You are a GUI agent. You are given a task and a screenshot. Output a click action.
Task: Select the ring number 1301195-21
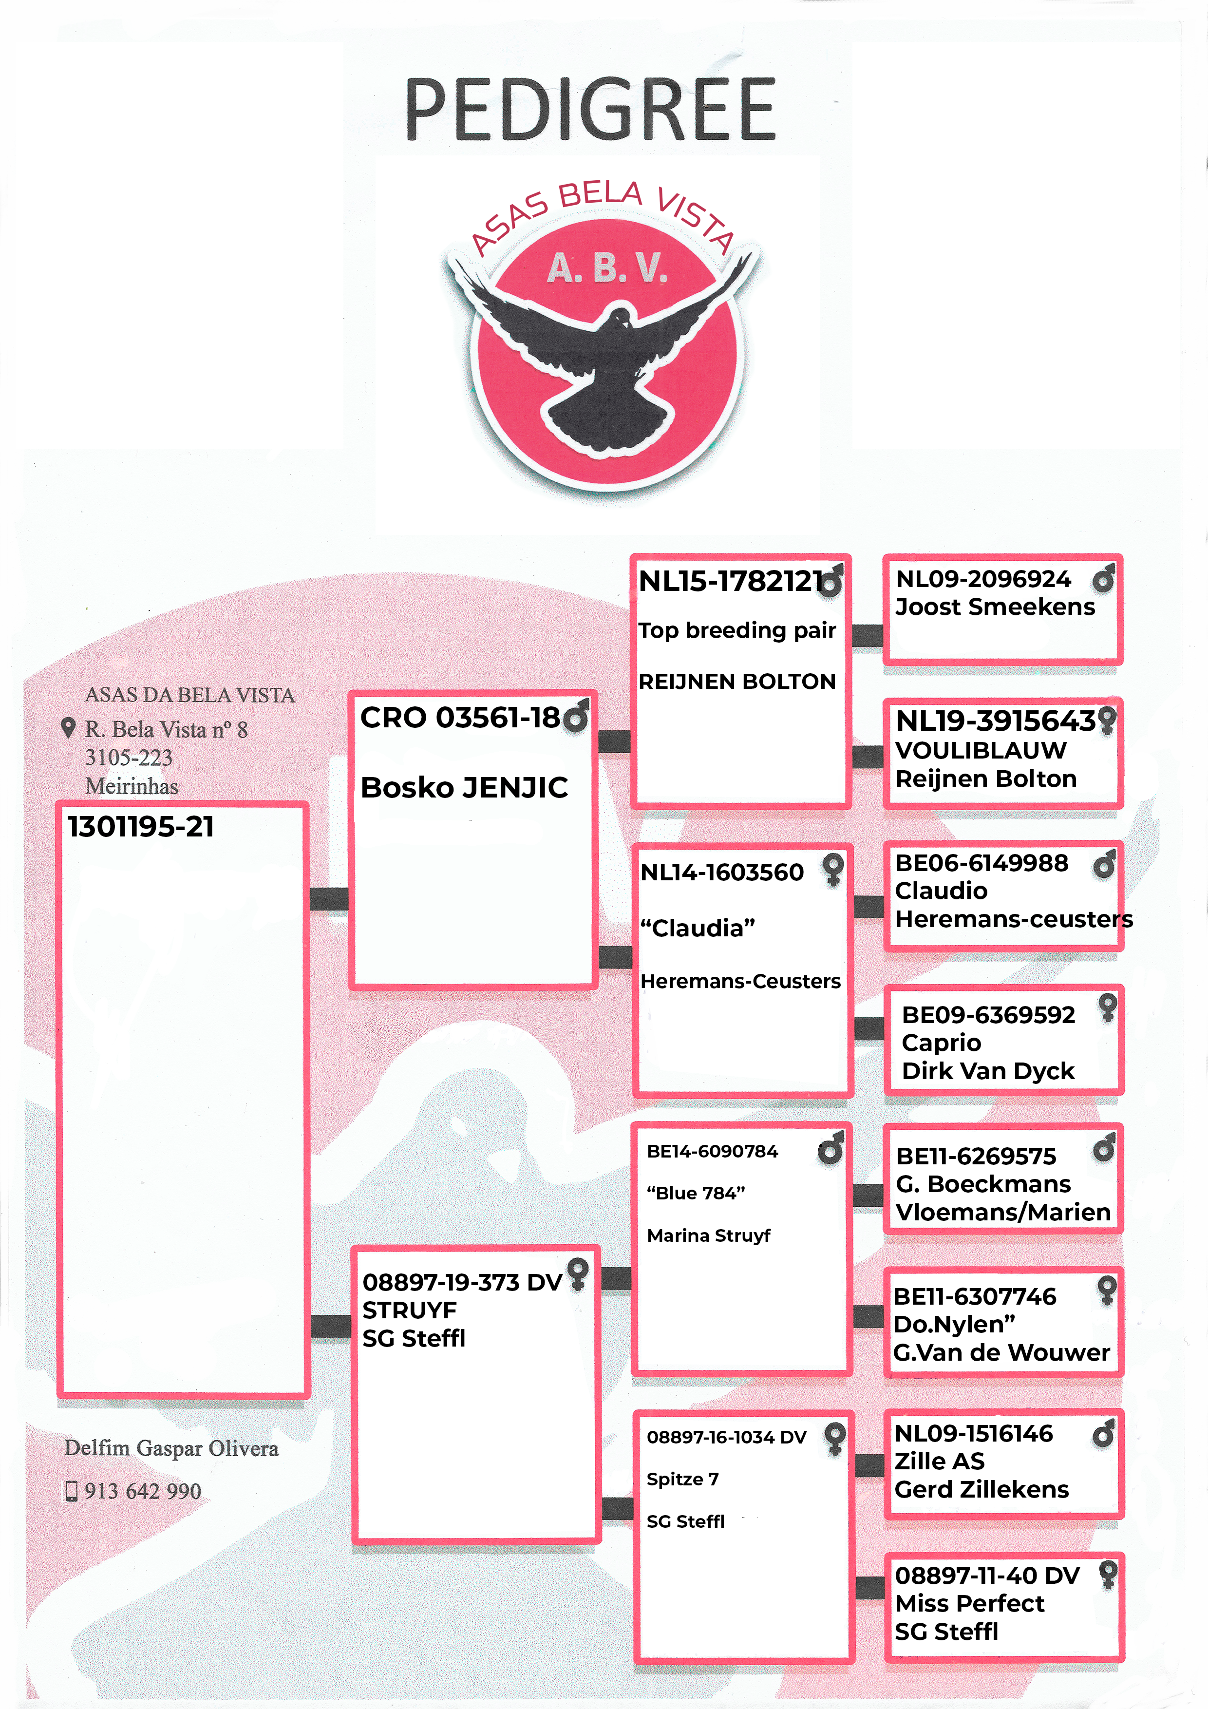(x=141, y=827)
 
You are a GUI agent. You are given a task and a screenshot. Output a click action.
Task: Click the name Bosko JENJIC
(x=464, y=787)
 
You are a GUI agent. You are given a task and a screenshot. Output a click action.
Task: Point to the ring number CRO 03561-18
(x=460, y=718)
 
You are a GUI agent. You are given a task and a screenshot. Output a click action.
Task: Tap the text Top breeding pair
(x=737, y=630)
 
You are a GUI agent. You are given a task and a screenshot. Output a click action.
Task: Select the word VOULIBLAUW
(x=981, y=750)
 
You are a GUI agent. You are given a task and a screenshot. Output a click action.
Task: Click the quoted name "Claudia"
(x=698, y=928)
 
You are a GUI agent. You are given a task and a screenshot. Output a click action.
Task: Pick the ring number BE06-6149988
(x=981, y=863)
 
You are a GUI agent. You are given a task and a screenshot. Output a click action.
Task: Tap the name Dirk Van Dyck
(x=988, y=1071)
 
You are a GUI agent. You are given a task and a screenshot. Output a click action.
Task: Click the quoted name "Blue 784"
(x=696, y=1193)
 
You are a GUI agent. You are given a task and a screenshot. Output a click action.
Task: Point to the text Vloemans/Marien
(x=1002, y=1213)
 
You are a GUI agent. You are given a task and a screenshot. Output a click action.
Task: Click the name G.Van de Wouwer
(x=1001, y=1352)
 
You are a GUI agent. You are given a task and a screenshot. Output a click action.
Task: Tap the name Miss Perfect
(x=969, y=1603)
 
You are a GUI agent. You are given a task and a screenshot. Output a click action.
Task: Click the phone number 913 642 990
(x=143, y=1491)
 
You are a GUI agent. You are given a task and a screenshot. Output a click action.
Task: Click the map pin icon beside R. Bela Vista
(x=68, y=728)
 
